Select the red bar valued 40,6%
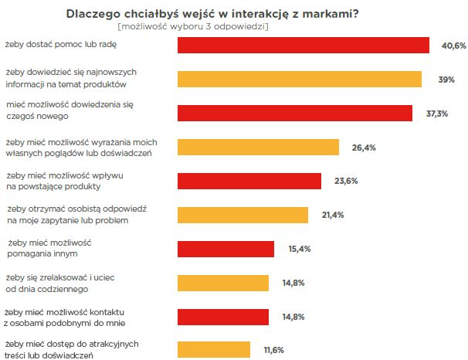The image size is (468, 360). point(304,46)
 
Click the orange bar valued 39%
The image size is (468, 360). point(300,79)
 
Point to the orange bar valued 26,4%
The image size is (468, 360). point(259,147)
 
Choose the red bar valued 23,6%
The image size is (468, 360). point(249,181)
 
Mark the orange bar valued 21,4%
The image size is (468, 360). point(243,215)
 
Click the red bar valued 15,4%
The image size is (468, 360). point(226,249)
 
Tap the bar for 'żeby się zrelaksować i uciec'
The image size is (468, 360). point(224,283)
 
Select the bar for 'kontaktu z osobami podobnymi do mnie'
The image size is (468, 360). point(224,317)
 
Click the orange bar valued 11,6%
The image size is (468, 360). point(214,350)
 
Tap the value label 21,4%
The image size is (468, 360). point(333,216)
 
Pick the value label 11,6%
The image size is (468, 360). point(273,351)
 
